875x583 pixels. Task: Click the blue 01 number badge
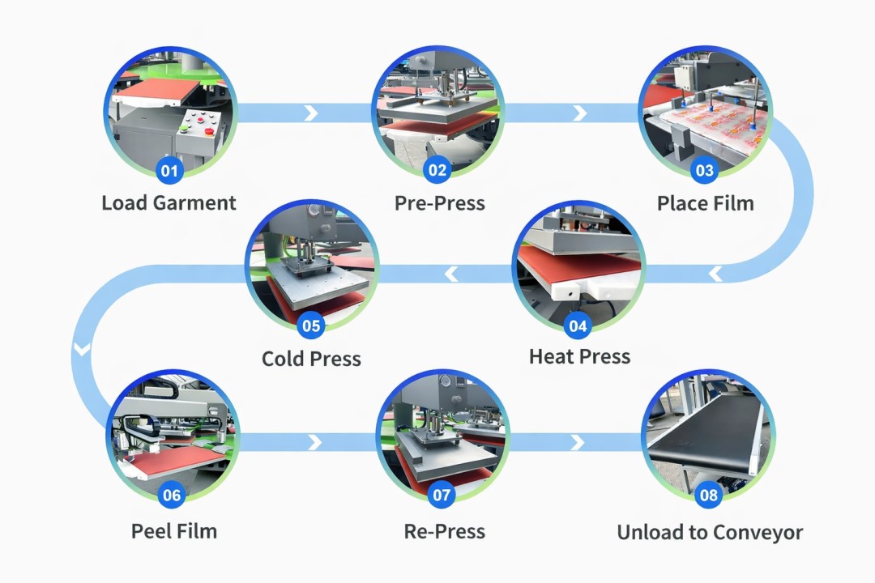(x=169, y=170)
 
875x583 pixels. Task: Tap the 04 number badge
(x=578, y=326)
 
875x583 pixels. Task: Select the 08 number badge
(x=708, y=495)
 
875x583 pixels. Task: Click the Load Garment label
(x=169, y=202)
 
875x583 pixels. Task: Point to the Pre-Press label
(x=439, y=202)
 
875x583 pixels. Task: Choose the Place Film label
(x=705, y=202)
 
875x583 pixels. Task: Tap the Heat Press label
(x=579, y=356)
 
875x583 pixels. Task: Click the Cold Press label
(x=311, y=358)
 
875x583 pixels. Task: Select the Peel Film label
(x=174, y=531)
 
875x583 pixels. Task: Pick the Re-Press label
(x=444, y=531)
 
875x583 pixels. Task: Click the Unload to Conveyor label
(x=710, y=533)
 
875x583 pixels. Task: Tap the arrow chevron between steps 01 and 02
(x=310, y=113)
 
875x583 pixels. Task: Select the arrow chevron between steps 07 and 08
(x=577, y=442)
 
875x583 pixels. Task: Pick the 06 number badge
(x=172, y=495)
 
